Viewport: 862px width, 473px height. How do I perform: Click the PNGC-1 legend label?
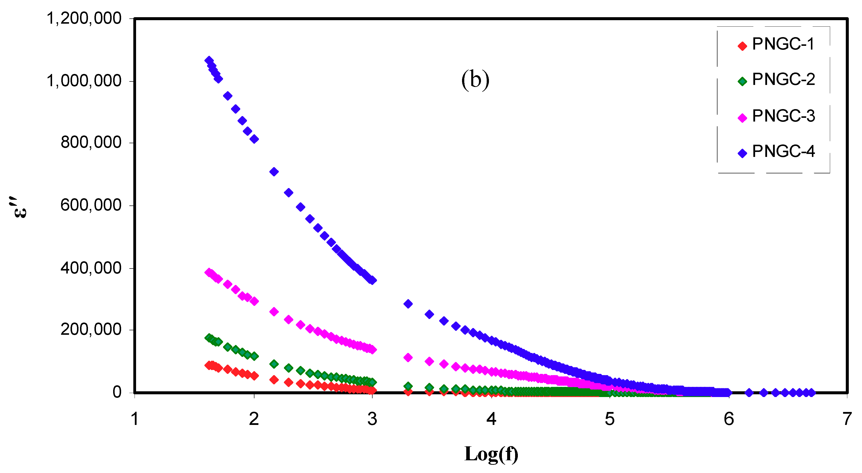pyautogui.click(x=783, y=44)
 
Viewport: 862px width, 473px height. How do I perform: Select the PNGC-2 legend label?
pyautogui.click(x=783, y=80)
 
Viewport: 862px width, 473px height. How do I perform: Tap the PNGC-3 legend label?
pyautogui.click(x=783, y=116)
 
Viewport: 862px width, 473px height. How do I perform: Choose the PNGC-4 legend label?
pyautogui.click(x=783, y=151)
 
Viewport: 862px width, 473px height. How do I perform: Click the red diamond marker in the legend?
pyautogui.click(x=742, y=46)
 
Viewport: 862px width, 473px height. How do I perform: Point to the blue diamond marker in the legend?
pyautogui.click(x=742, y=153)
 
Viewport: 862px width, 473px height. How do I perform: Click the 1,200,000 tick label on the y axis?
pyautogui.click(x=84, y=18)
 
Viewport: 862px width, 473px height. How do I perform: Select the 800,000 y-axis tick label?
pyautogui.click(x=91, y=142)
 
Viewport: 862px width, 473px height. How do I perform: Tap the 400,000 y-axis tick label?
pyautogui.click(x=91, y=268)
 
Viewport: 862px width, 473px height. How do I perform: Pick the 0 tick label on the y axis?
pyautogui.click(x=117, y=392)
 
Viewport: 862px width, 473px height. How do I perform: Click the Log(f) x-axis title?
pyautogui.click(x=491, y=454)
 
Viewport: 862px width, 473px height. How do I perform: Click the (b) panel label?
pyautogui.click(x=475, y=80)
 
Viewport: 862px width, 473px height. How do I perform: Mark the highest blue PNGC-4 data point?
pyautogui.click(x=209, y=61)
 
